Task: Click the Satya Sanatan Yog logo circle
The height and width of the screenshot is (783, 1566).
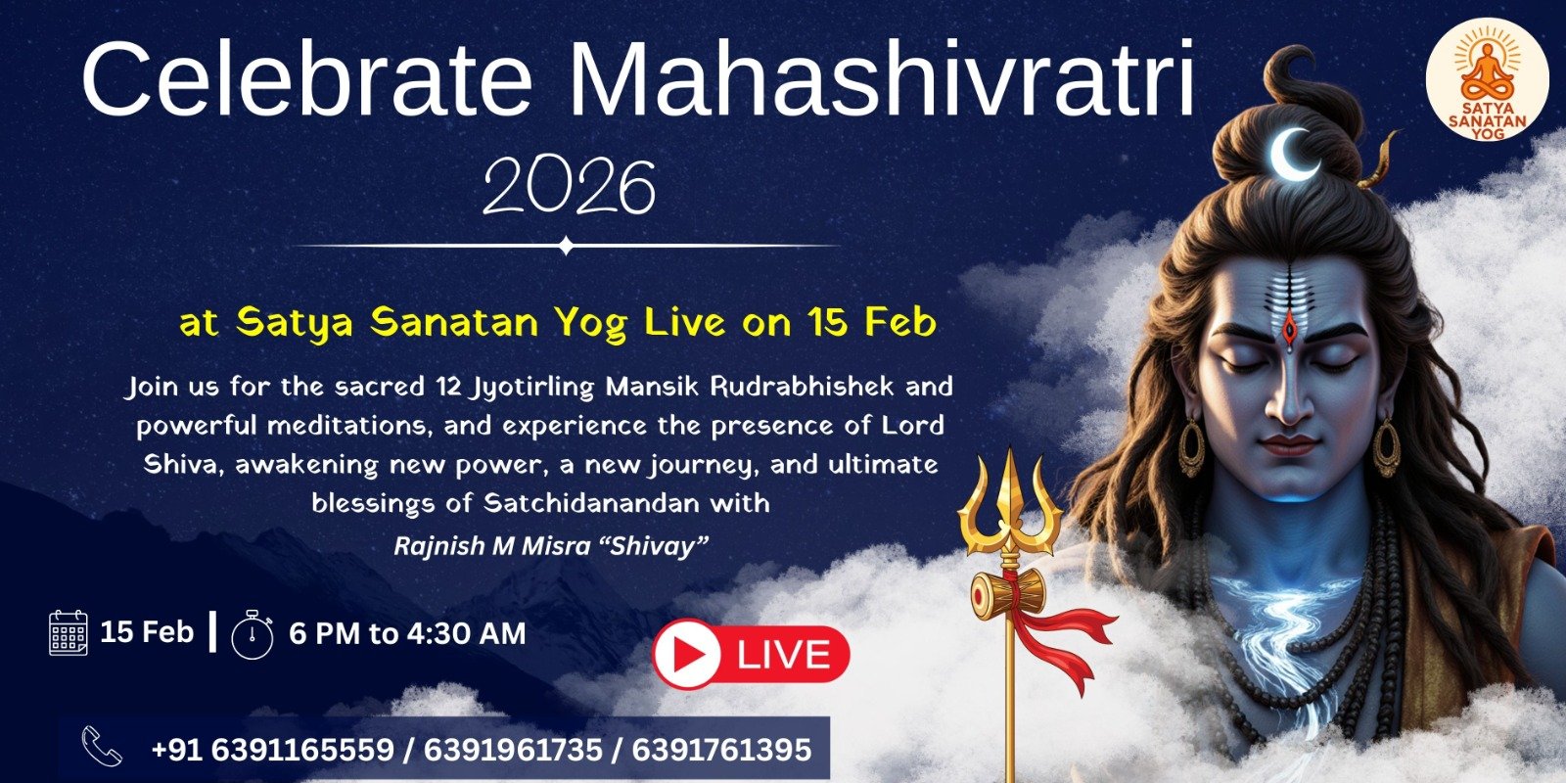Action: click(x=1487, y=84)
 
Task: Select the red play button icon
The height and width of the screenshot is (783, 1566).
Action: click(x=686, y=656)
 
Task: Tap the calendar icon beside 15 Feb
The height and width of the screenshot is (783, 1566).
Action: click(x=69, y=632)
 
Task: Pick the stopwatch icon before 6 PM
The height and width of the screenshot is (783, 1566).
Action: click(x=252, y=635)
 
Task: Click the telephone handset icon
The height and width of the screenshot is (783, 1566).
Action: click(x=102, y=747)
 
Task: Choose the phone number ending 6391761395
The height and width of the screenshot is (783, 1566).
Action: click(x=721, y=751)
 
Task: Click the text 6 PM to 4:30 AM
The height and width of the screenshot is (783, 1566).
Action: click(x=407, y=634)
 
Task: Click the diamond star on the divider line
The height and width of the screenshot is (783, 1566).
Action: click(x=566, y=246)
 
